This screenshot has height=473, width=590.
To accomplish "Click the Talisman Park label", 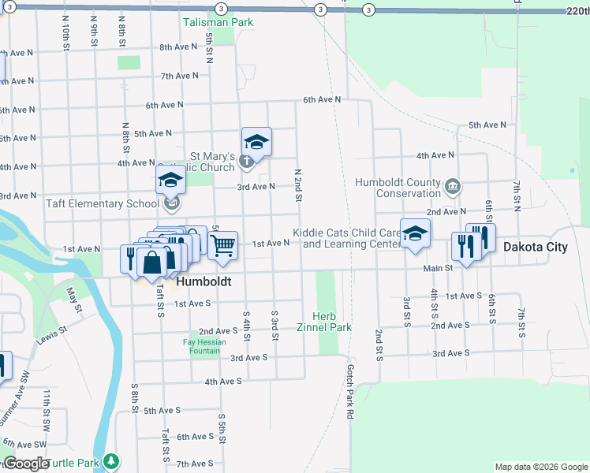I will point(218,22).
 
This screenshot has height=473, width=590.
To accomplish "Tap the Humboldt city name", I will point(204,281).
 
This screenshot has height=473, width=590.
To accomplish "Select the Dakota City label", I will point(535,247).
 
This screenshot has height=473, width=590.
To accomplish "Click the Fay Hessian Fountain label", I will point(204,346).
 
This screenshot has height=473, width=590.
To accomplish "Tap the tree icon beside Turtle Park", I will point(111,460).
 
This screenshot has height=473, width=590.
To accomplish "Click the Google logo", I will point(25,464).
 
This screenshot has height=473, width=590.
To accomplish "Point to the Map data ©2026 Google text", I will point(541,467).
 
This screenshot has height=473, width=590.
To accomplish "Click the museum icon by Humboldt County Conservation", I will point(452,187).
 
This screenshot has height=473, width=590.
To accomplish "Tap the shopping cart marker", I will point(223,246).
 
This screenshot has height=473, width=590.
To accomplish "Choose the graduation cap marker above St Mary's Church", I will point(256,143).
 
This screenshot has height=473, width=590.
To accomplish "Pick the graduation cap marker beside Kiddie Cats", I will point(415,234).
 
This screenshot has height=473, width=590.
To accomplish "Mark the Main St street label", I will point(438,269).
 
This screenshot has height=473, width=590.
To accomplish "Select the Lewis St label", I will point(49,335).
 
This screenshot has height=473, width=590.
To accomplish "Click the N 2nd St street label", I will point(298,184).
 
